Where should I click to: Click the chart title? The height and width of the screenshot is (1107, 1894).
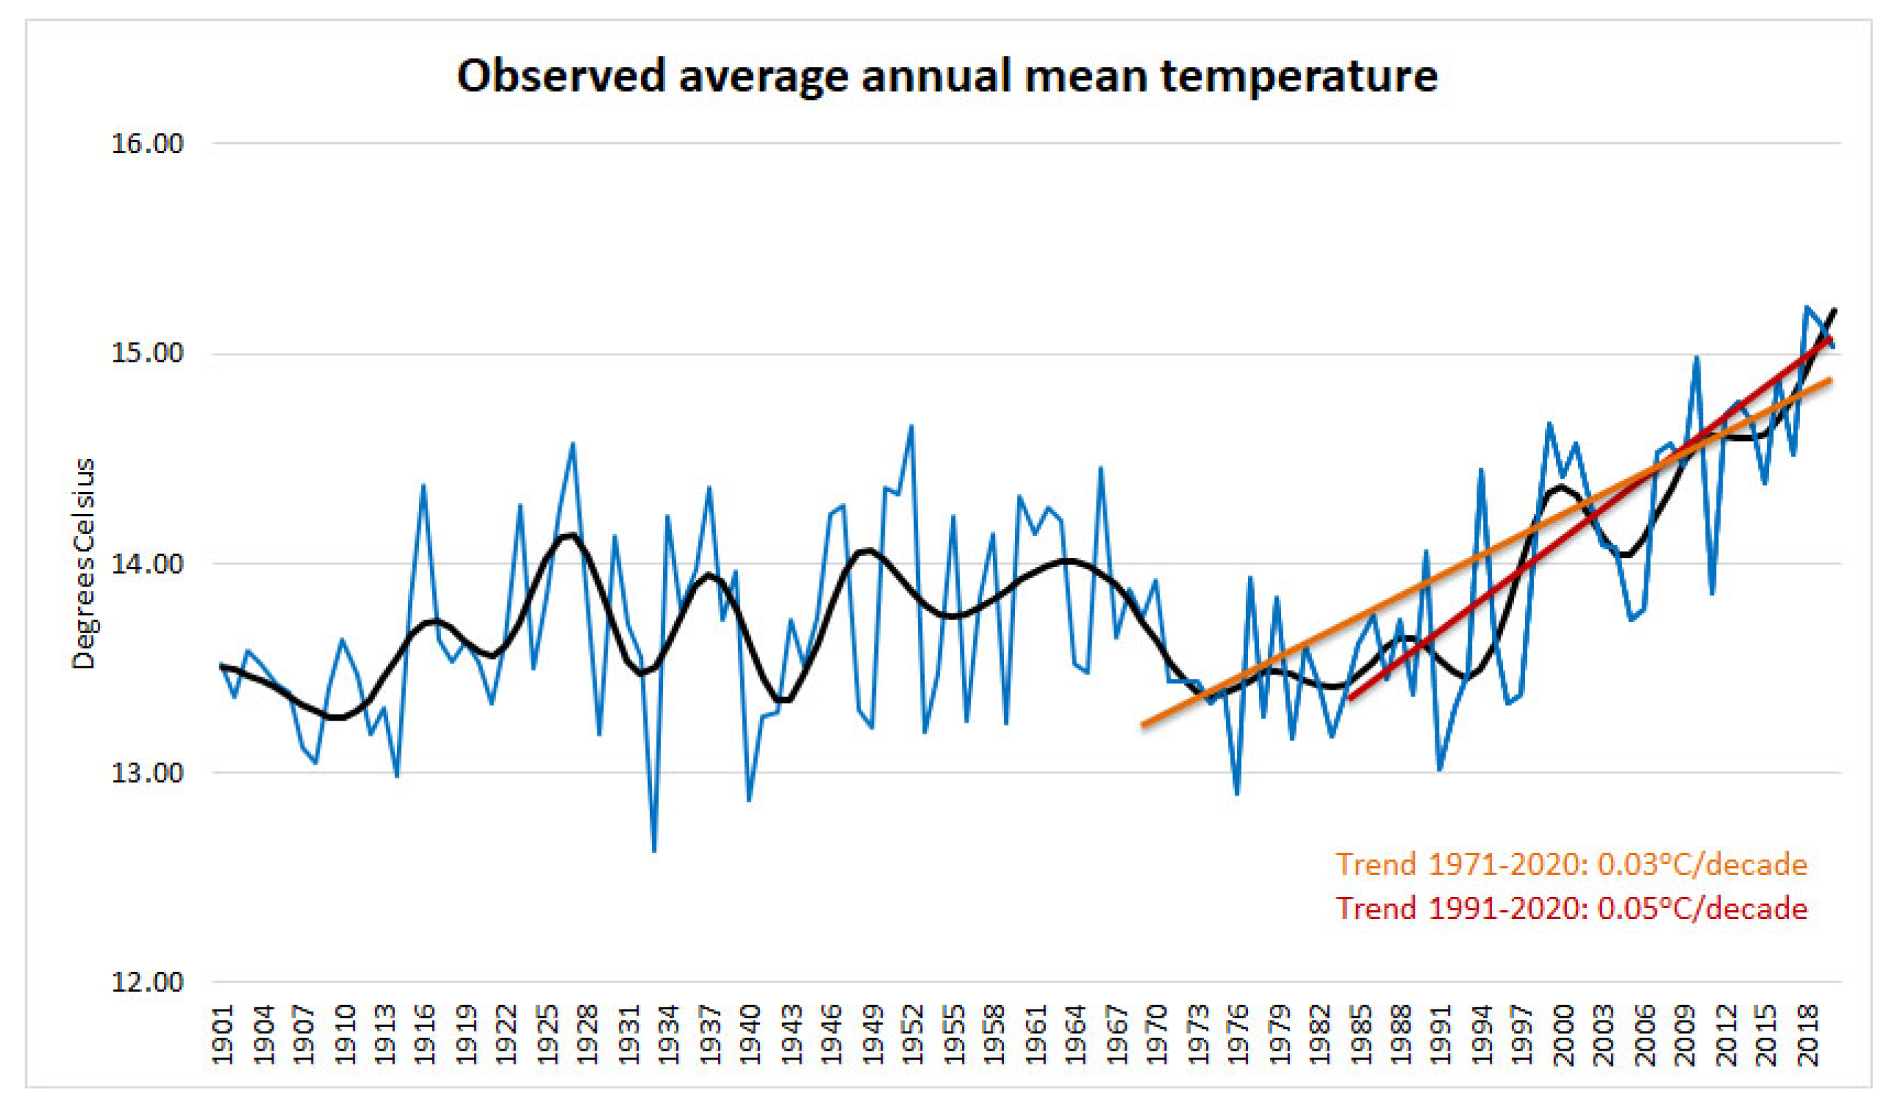coord(947,76)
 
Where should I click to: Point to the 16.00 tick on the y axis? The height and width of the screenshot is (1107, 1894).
coord(147,143)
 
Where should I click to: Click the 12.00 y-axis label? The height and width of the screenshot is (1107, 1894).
coord(147,982)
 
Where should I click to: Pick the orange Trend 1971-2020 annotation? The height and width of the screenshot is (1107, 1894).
coord(1571,865)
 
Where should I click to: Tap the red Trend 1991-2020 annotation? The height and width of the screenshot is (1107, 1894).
coord(1571,909)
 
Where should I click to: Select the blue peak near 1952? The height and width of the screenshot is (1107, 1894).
coord(911,426)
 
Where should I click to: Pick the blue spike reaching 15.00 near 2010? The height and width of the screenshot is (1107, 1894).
coord(1697,356)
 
